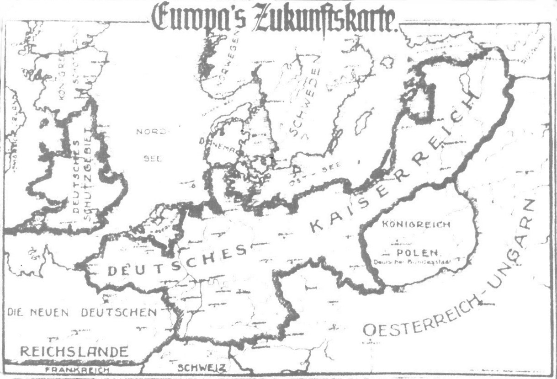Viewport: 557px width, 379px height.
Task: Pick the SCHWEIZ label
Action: [202, 367]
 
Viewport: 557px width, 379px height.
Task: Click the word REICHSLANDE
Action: [74, 352]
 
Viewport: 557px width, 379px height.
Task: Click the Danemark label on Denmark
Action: [218, 145]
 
